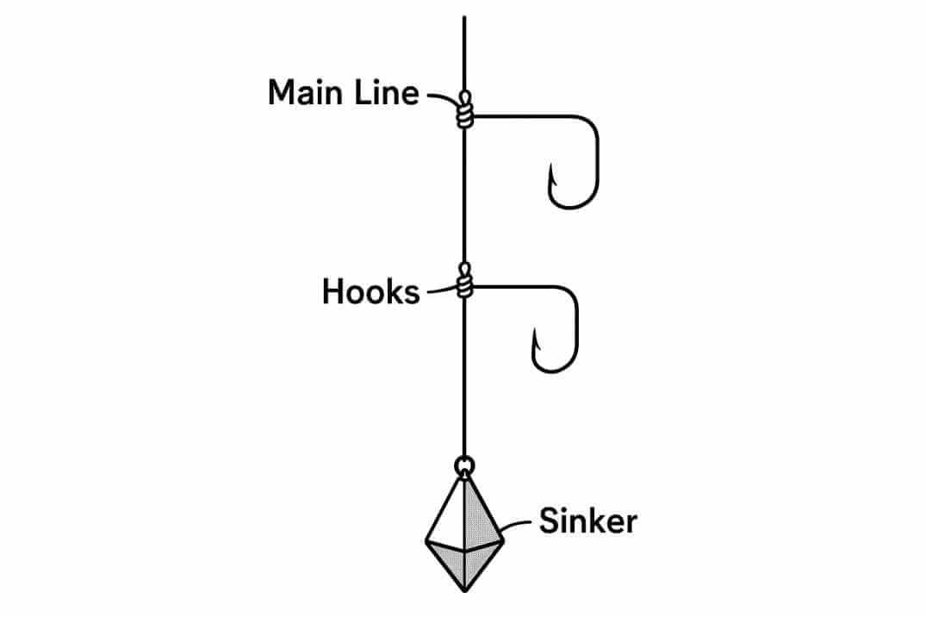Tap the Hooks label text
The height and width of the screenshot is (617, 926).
pyautogui.click(x=370, y=293)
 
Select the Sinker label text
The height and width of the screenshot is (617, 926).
pyautogui.click(x=587, y=521)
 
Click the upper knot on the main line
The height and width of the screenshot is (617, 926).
pyautogui.click(x=465, y=111)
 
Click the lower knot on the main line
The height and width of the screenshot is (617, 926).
pyautogui.click(x=465, y=282)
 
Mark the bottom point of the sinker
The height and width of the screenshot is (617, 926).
pyautogui.click(x=464, y=589)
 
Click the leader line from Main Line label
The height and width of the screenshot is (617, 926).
pyautogui.click(x=444, y=97)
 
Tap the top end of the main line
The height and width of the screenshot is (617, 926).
pyautogui.click(x=465, y=19)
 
